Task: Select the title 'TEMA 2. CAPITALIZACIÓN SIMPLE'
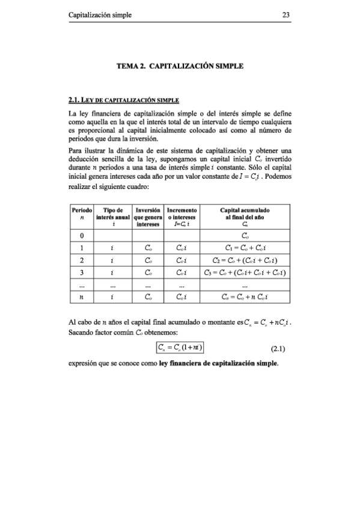coord(180,67)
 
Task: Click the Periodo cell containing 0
coord(81,235)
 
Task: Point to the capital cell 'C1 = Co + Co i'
coord(247,248)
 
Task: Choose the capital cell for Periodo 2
coord(247,260)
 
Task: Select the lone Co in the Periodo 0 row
coord(247,235)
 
